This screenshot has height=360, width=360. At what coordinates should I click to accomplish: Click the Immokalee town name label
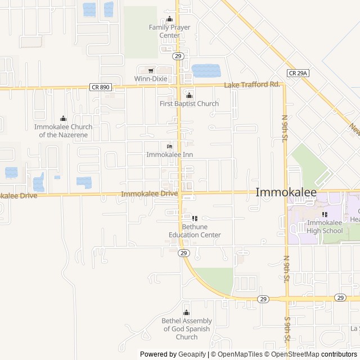286,192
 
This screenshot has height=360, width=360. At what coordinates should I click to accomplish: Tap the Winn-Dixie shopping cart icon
151,70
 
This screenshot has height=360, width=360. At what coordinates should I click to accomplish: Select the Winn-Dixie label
151,79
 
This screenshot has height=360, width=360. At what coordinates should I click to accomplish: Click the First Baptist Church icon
189,95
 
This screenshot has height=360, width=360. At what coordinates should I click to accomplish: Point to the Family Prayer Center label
169,31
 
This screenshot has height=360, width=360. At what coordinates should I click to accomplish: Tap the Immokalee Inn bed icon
169,146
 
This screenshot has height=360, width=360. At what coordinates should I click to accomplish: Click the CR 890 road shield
100,87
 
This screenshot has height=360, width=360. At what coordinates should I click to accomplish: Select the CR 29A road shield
298,73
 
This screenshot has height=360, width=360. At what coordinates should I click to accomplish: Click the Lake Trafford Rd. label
252,85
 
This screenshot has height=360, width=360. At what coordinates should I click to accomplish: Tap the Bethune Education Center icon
195,218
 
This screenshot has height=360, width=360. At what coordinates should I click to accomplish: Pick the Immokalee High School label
325,227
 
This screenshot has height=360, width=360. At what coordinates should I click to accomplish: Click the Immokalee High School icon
325,214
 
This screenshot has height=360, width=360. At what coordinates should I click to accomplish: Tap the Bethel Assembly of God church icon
187,313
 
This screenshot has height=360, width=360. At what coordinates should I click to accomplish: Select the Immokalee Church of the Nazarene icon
63,119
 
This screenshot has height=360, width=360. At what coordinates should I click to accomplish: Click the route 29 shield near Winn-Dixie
178,56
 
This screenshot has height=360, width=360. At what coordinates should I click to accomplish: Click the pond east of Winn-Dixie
206,71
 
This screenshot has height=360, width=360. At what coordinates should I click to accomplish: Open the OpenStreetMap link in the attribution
296,354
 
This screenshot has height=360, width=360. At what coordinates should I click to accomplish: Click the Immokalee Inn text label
169,154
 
